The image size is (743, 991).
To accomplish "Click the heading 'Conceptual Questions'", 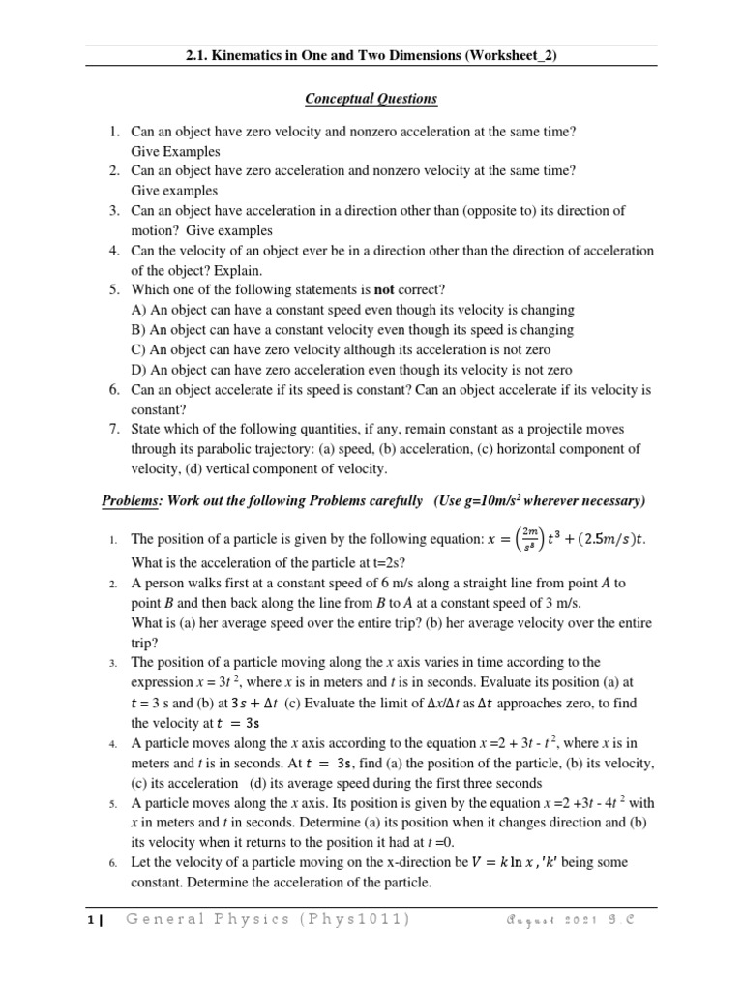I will click(x=371, y=99).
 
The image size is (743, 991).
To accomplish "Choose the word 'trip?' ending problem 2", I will click(x=146, y=643).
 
